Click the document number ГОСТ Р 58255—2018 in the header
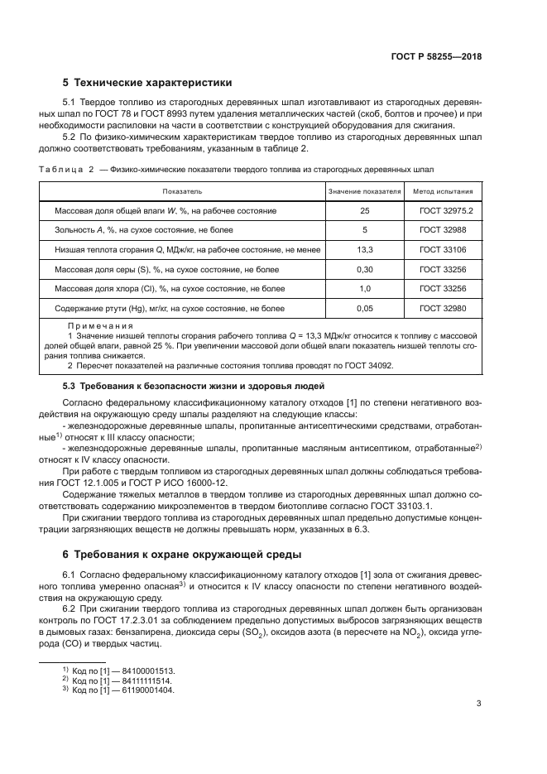tap(436, 58)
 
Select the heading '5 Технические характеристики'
tap(148, 83)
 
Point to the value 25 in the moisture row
tap(364, 211)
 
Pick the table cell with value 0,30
tap(364, 269)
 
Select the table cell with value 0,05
tap(364, 308)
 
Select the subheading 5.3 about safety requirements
tap(194, 387)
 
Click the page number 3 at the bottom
tap(479, 704)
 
